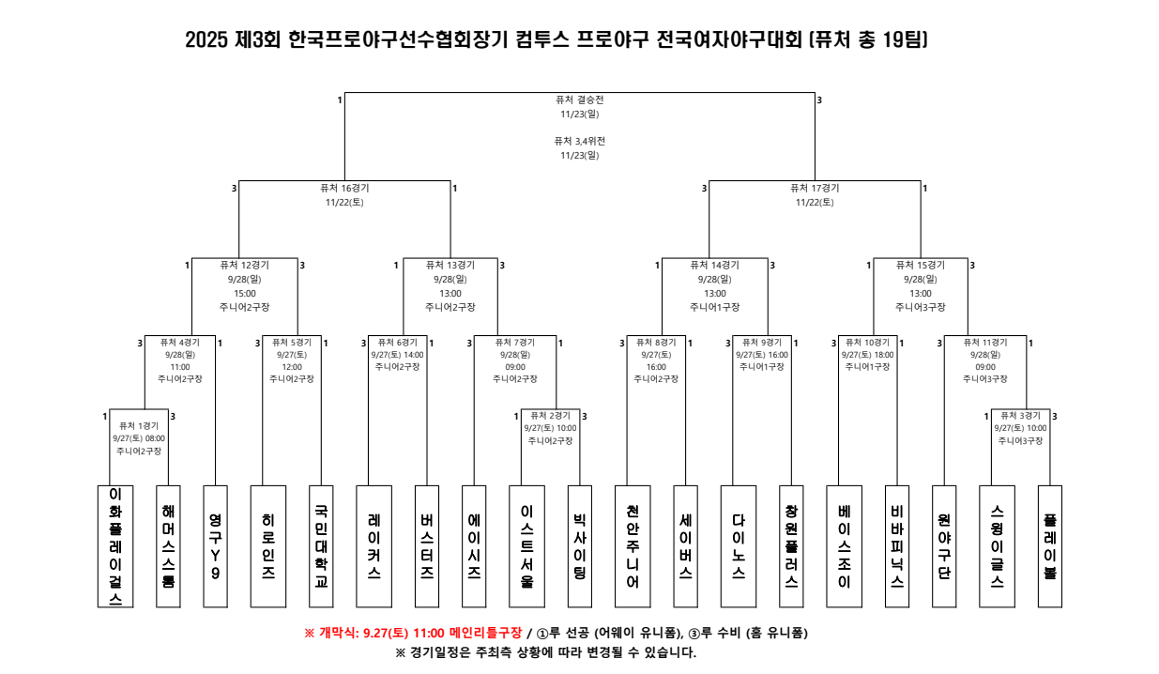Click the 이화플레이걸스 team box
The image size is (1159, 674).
tap(115, 545)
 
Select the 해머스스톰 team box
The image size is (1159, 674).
tap(168, 545)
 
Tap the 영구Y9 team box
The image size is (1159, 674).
tap(216, 545)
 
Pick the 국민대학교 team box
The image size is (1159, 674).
tap(321, 545)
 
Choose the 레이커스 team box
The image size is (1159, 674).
tap(374, 545)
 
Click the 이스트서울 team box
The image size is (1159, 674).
tap(526, 545)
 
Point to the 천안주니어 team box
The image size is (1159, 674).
tap(633, 545)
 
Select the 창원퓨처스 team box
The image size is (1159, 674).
tap(791, 545)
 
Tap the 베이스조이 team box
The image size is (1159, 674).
tap(844, 545)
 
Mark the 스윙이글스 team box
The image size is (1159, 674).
tap(997, 545)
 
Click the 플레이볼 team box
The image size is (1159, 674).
tap(1049, 545)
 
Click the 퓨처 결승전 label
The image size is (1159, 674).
tap(579, 100)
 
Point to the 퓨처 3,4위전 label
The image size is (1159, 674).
tap(579, 141)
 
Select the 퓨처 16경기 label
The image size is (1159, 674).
tap(344, 188)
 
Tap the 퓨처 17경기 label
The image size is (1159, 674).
tap(815, 188)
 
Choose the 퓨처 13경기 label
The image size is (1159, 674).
tap(450, 265)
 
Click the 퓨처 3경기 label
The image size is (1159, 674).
tap(1020, 416)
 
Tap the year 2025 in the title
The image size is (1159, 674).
tap(207, 40)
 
